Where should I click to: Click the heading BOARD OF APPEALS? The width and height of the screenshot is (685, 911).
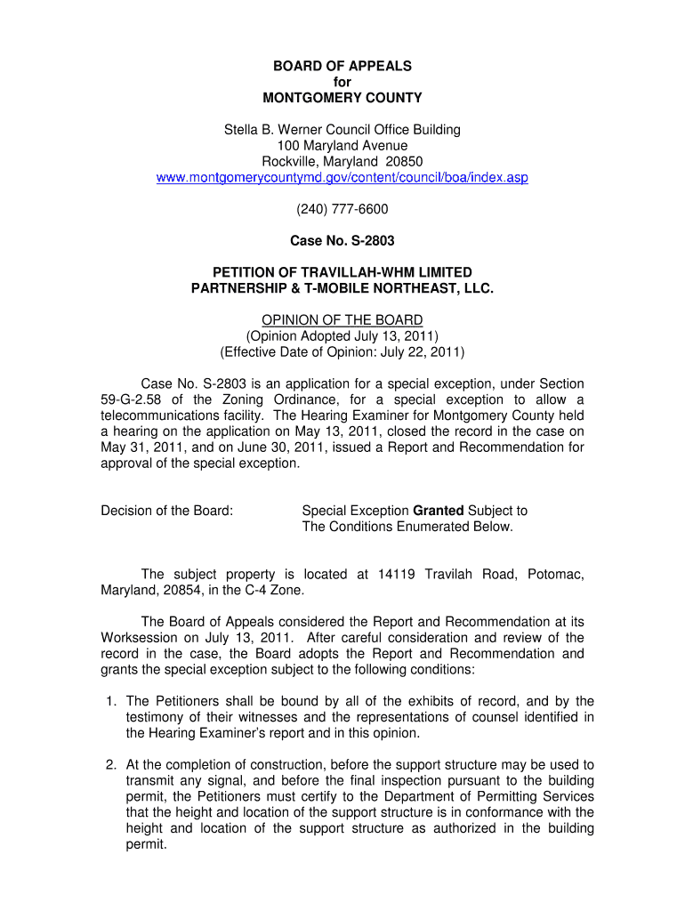[342, 66]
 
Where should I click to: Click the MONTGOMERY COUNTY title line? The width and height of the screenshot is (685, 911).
[342, 98]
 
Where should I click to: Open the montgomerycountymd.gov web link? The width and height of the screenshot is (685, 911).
[342, 178]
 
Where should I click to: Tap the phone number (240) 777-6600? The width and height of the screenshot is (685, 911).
[342, 209]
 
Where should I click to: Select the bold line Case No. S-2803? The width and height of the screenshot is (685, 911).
[342, 240]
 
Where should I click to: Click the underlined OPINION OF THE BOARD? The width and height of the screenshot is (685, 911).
[342, 320]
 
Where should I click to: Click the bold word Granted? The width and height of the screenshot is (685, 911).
[439, 511]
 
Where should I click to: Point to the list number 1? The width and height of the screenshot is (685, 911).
[110, 702]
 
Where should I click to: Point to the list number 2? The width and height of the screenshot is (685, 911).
[110, 765]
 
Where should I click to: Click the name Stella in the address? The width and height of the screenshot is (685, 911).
[241, 130]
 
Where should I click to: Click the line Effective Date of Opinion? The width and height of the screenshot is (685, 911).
[342, 351]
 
